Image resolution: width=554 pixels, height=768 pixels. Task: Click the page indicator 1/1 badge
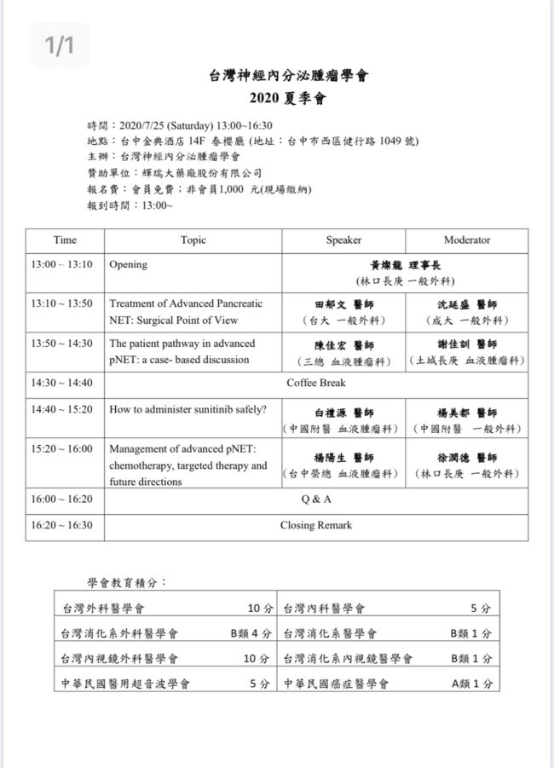[x=60, y=45]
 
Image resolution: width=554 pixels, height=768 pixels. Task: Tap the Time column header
[x=65, y=240]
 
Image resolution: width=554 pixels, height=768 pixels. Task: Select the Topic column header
[x=193, y=240]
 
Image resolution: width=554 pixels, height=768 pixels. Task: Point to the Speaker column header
[x=343, y=240]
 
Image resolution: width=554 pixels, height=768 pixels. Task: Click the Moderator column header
[x=466, y=240]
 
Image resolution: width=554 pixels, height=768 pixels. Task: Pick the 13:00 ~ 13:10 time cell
[x=61, y=264]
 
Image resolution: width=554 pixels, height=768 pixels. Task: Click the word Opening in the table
[x=128, y=264]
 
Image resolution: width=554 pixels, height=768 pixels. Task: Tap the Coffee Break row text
[x=316, y=383]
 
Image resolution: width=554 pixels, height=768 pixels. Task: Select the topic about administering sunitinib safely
[x=188, y=408]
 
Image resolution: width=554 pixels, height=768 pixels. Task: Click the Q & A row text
[x=316, y=499]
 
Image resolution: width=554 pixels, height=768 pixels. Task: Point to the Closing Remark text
[x=316, y=525]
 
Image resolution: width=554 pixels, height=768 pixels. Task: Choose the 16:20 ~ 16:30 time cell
[x=61, y=525]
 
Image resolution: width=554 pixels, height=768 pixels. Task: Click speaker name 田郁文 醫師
[x=344, y=304]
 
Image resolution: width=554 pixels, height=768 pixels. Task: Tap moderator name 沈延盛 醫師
[x=467, y=304]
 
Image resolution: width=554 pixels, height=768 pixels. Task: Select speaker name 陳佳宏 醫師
[x=344, y=345]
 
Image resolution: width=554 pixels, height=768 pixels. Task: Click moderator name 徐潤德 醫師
[x=467, y=458]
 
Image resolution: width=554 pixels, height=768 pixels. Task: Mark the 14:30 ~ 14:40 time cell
[x=61, y=383]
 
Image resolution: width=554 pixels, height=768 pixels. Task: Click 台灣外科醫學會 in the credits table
[x=103, y=609]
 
